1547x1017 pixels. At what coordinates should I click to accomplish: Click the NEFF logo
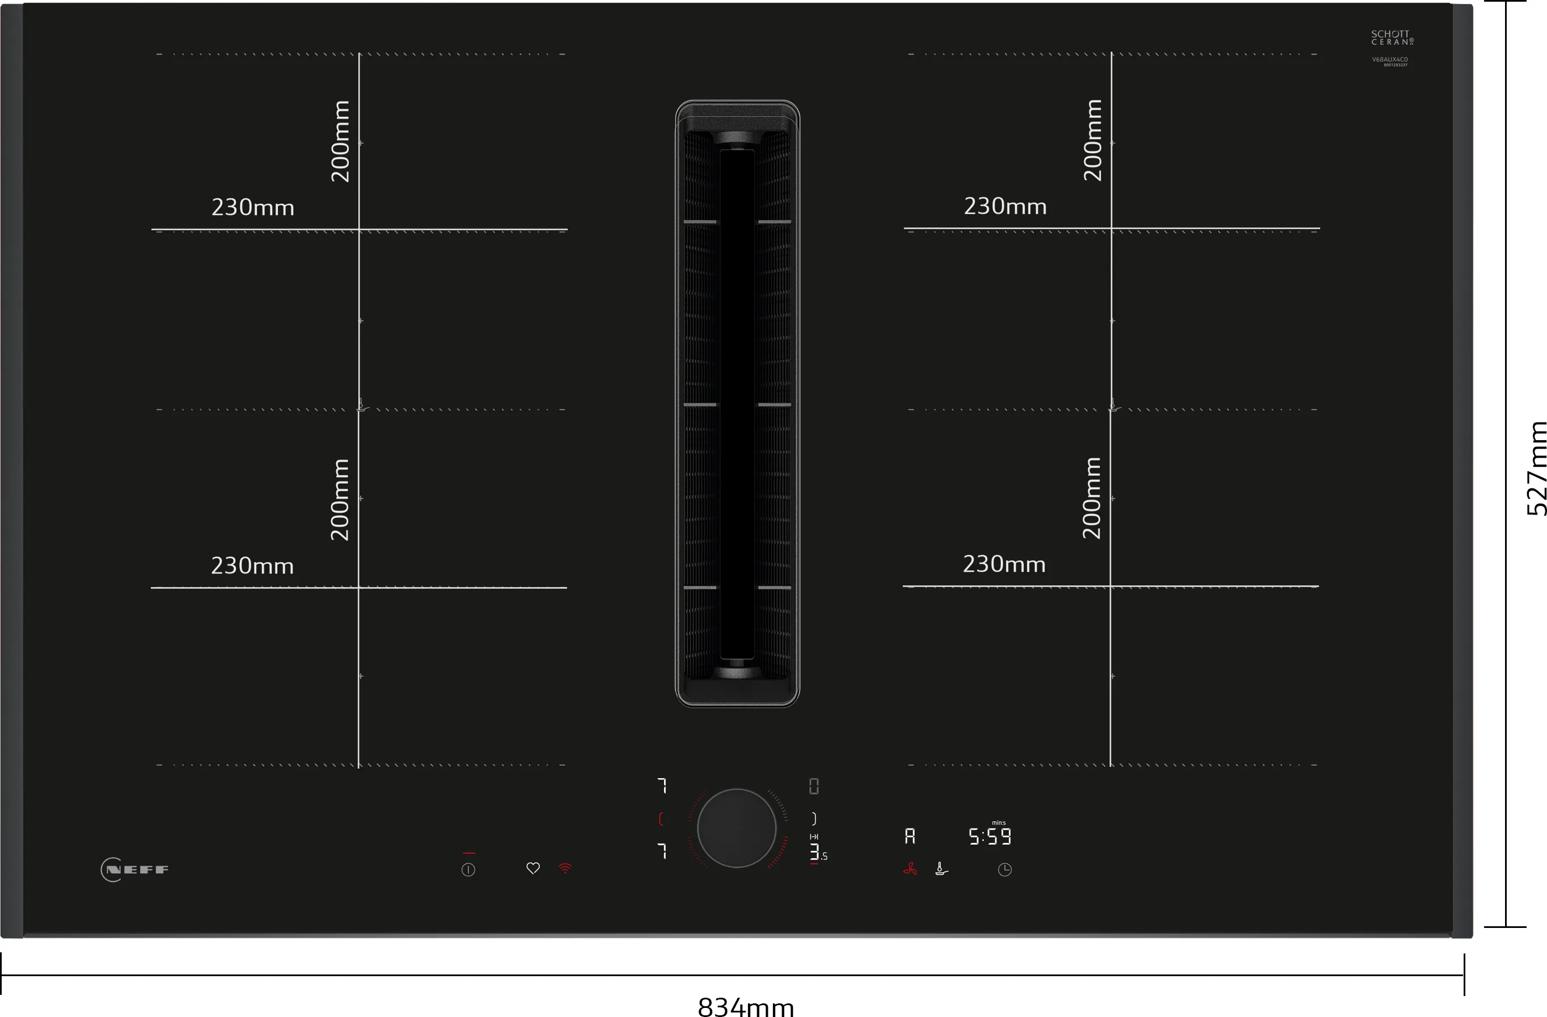(135, 870)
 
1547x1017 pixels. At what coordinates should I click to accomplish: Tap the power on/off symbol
(468, 870)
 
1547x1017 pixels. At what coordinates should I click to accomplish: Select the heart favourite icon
(533, 868)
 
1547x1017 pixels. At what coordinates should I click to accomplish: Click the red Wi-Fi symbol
(565, 868)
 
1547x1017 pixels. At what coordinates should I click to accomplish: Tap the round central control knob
(737, 828)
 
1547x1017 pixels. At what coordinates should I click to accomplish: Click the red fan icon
(910, 870)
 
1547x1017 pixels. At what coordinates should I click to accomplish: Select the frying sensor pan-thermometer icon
(941, 870)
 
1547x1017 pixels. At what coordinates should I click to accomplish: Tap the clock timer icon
(1004, 870)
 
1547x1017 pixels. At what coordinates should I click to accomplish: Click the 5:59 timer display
(990, 837)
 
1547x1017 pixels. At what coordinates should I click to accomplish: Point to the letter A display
(910, 836)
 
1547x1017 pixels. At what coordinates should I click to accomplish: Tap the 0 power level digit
(814, 786)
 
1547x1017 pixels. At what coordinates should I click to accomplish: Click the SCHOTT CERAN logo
(1392, 37)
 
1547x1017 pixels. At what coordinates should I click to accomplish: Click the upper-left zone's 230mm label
(253, 208)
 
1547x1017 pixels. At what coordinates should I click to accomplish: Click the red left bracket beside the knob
(661, 818)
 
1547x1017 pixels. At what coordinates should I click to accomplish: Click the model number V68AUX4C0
(1390, 60)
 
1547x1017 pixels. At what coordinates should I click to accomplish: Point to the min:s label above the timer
(999, 822)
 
